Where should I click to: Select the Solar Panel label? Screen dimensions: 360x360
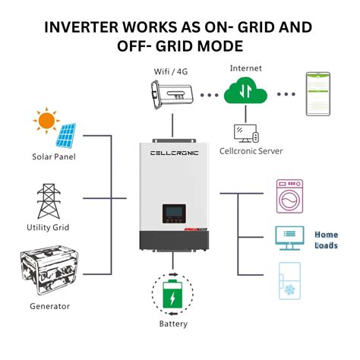point(54,157)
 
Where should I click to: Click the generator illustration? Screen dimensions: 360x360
point(50,270)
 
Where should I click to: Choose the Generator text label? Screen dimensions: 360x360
point(51,306)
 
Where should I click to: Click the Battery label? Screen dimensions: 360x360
point(174,324)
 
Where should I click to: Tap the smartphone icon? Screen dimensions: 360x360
point(320,95)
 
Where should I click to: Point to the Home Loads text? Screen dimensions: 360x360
point(326,240)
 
